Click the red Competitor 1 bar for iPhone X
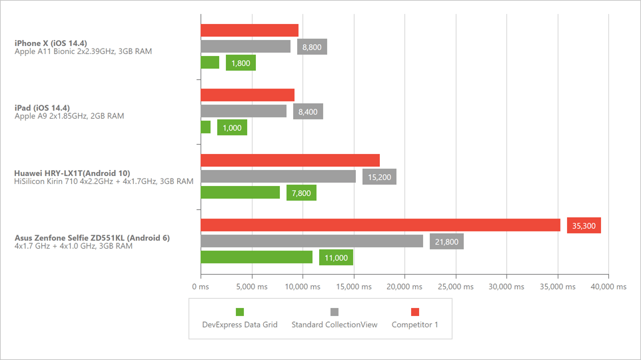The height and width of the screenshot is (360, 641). tap(249, 31)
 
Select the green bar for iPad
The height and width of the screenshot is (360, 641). tap(205, 127)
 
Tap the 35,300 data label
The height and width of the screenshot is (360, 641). tap(584, 225)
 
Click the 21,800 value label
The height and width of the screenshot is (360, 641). tap(446, 241)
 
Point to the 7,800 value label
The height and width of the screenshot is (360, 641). tap(301, 193)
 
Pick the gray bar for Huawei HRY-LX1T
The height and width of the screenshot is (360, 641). tap(278, 177)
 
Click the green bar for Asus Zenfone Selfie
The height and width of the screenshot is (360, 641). tap(257, 257)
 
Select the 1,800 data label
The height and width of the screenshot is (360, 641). tap(241, 63)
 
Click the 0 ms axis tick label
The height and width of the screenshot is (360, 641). tap(201, 287)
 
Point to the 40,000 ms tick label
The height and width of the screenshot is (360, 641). tap(608, 287)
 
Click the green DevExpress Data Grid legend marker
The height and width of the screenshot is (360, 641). tap(240, 311)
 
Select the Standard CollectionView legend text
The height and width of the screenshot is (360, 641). tap(334, 325)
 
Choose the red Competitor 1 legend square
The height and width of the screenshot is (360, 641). tap(414, 311)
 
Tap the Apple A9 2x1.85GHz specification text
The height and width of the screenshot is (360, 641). tap(69, 116)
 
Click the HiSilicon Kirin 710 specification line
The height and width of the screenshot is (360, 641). tap(104, 181)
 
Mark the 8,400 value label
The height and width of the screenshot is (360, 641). tap(308, 112)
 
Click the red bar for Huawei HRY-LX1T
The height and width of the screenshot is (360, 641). tap(290, 160)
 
